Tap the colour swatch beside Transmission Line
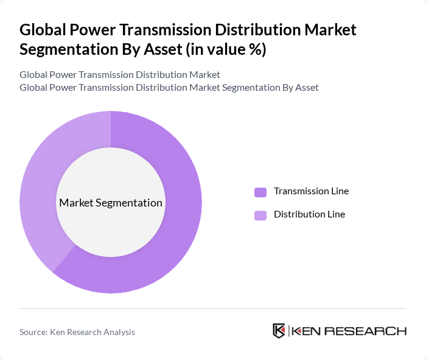[260, 192]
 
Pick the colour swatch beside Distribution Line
[260, 215]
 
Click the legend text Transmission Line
[311, 191]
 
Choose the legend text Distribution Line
[309, 214]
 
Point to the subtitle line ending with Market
[119, 75]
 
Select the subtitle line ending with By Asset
[169, 88]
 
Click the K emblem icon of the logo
[279, 331]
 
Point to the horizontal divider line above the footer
[213, 308]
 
